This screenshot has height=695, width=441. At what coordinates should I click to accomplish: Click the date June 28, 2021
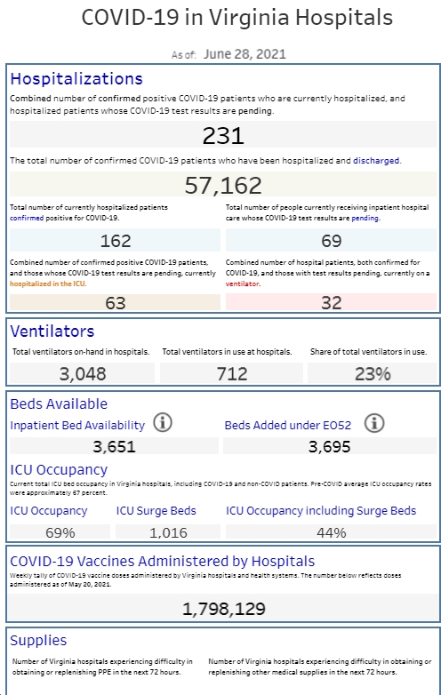point(245,54)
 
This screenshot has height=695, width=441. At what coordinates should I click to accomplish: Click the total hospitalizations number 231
point(223,136)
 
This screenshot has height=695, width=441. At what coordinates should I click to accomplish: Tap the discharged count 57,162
point(223,185)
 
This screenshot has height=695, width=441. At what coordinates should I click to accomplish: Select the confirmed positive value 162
point(116,241)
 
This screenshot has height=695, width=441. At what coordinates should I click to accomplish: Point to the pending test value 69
point(331,241)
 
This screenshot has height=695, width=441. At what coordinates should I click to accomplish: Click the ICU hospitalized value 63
point(116,303)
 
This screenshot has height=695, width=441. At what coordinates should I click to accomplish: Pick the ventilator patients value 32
point(331,303)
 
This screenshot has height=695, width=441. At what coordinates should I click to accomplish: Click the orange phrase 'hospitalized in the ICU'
point(48,284)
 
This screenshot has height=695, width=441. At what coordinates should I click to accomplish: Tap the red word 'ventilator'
point(243,284)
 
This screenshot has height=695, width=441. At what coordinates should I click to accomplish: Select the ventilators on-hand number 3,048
point(83,374)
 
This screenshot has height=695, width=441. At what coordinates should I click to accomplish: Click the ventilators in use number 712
point(232,374)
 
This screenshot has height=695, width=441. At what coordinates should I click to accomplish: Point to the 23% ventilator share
point(373,374)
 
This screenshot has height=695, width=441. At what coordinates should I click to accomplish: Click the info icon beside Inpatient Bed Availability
point(163,423)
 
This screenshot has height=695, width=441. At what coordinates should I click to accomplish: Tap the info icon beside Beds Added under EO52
point(374,423)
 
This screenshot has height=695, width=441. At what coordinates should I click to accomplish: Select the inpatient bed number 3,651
point(115,447)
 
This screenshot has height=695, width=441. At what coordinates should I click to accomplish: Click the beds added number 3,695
point(330,447)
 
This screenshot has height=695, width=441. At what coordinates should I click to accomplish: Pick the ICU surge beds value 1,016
point(168,532)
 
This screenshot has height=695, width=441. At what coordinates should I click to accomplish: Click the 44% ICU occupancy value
point(332,532)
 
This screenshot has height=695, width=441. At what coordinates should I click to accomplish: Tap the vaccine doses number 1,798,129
point(224,609)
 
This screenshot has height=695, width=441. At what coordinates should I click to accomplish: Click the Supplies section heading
point(38,640)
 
